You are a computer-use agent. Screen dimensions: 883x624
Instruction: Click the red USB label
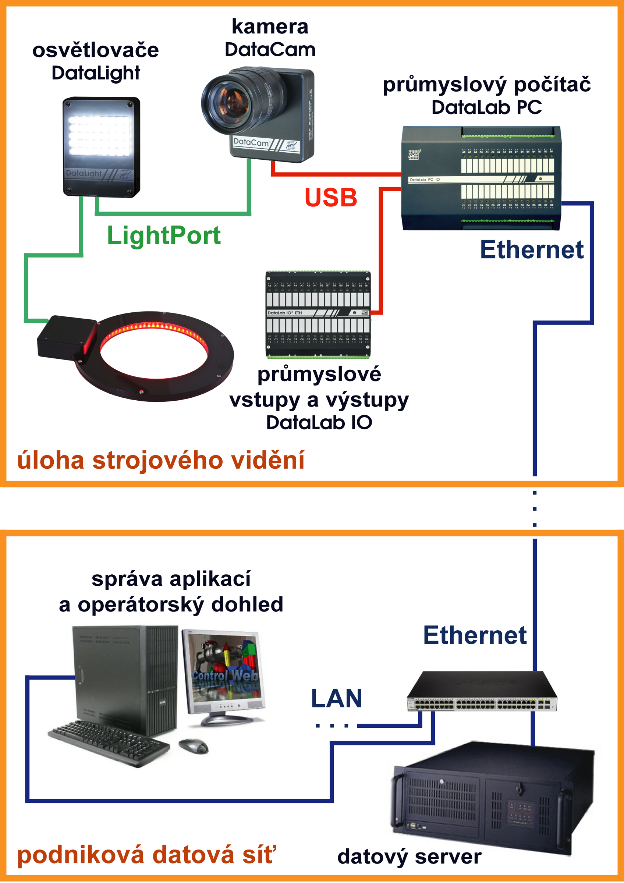331,198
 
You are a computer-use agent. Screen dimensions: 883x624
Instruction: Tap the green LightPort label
164,235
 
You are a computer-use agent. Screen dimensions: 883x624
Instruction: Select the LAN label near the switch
336,698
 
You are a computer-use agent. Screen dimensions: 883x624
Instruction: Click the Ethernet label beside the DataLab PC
532,250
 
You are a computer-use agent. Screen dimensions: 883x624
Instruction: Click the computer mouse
194,746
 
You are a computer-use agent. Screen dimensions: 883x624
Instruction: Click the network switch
482,692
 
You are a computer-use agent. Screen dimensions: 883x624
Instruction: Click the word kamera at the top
270,27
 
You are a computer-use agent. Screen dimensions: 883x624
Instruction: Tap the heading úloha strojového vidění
161,460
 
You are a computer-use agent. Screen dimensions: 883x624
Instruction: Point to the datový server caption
409,857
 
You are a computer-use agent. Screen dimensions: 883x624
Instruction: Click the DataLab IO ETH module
318,314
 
